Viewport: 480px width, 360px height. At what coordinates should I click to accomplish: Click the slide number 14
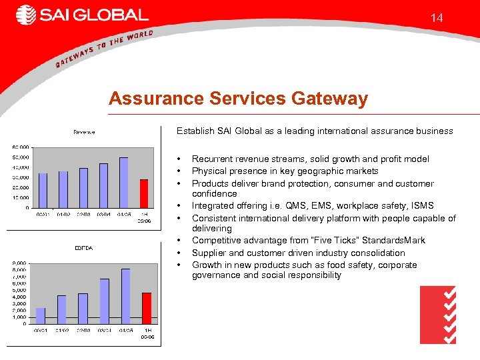pyautogui.click(x=437, y=18)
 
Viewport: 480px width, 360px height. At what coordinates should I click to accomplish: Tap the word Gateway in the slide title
pyautogui.click(x=330, y=99)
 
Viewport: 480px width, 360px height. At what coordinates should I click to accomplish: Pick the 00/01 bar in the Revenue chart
pyautogui.click(x=43, y=191)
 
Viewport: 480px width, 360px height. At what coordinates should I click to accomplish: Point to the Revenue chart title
pyautogui.click(x=84, y=132)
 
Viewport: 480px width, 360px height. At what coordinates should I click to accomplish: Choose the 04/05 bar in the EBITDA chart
pyautogui.click(x=125, y=297)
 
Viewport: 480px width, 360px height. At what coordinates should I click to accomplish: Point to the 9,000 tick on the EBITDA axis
pyautogui.click(x=20, y=263)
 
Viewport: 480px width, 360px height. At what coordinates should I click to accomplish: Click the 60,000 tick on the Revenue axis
pyautogui.click(x=20, y=147)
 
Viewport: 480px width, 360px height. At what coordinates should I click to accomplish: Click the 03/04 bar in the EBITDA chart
pyautogui.click(x=105, y=301)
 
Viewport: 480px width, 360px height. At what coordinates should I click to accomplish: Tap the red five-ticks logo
pyautogui.click(x=438, y=315)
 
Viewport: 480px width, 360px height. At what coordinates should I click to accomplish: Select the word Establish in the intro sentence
pyautogui.click(x=195, y=131)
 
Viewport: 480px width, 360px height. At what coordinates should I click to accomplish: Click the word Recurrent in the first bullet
pyautogui.click(x=211, y=159)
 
